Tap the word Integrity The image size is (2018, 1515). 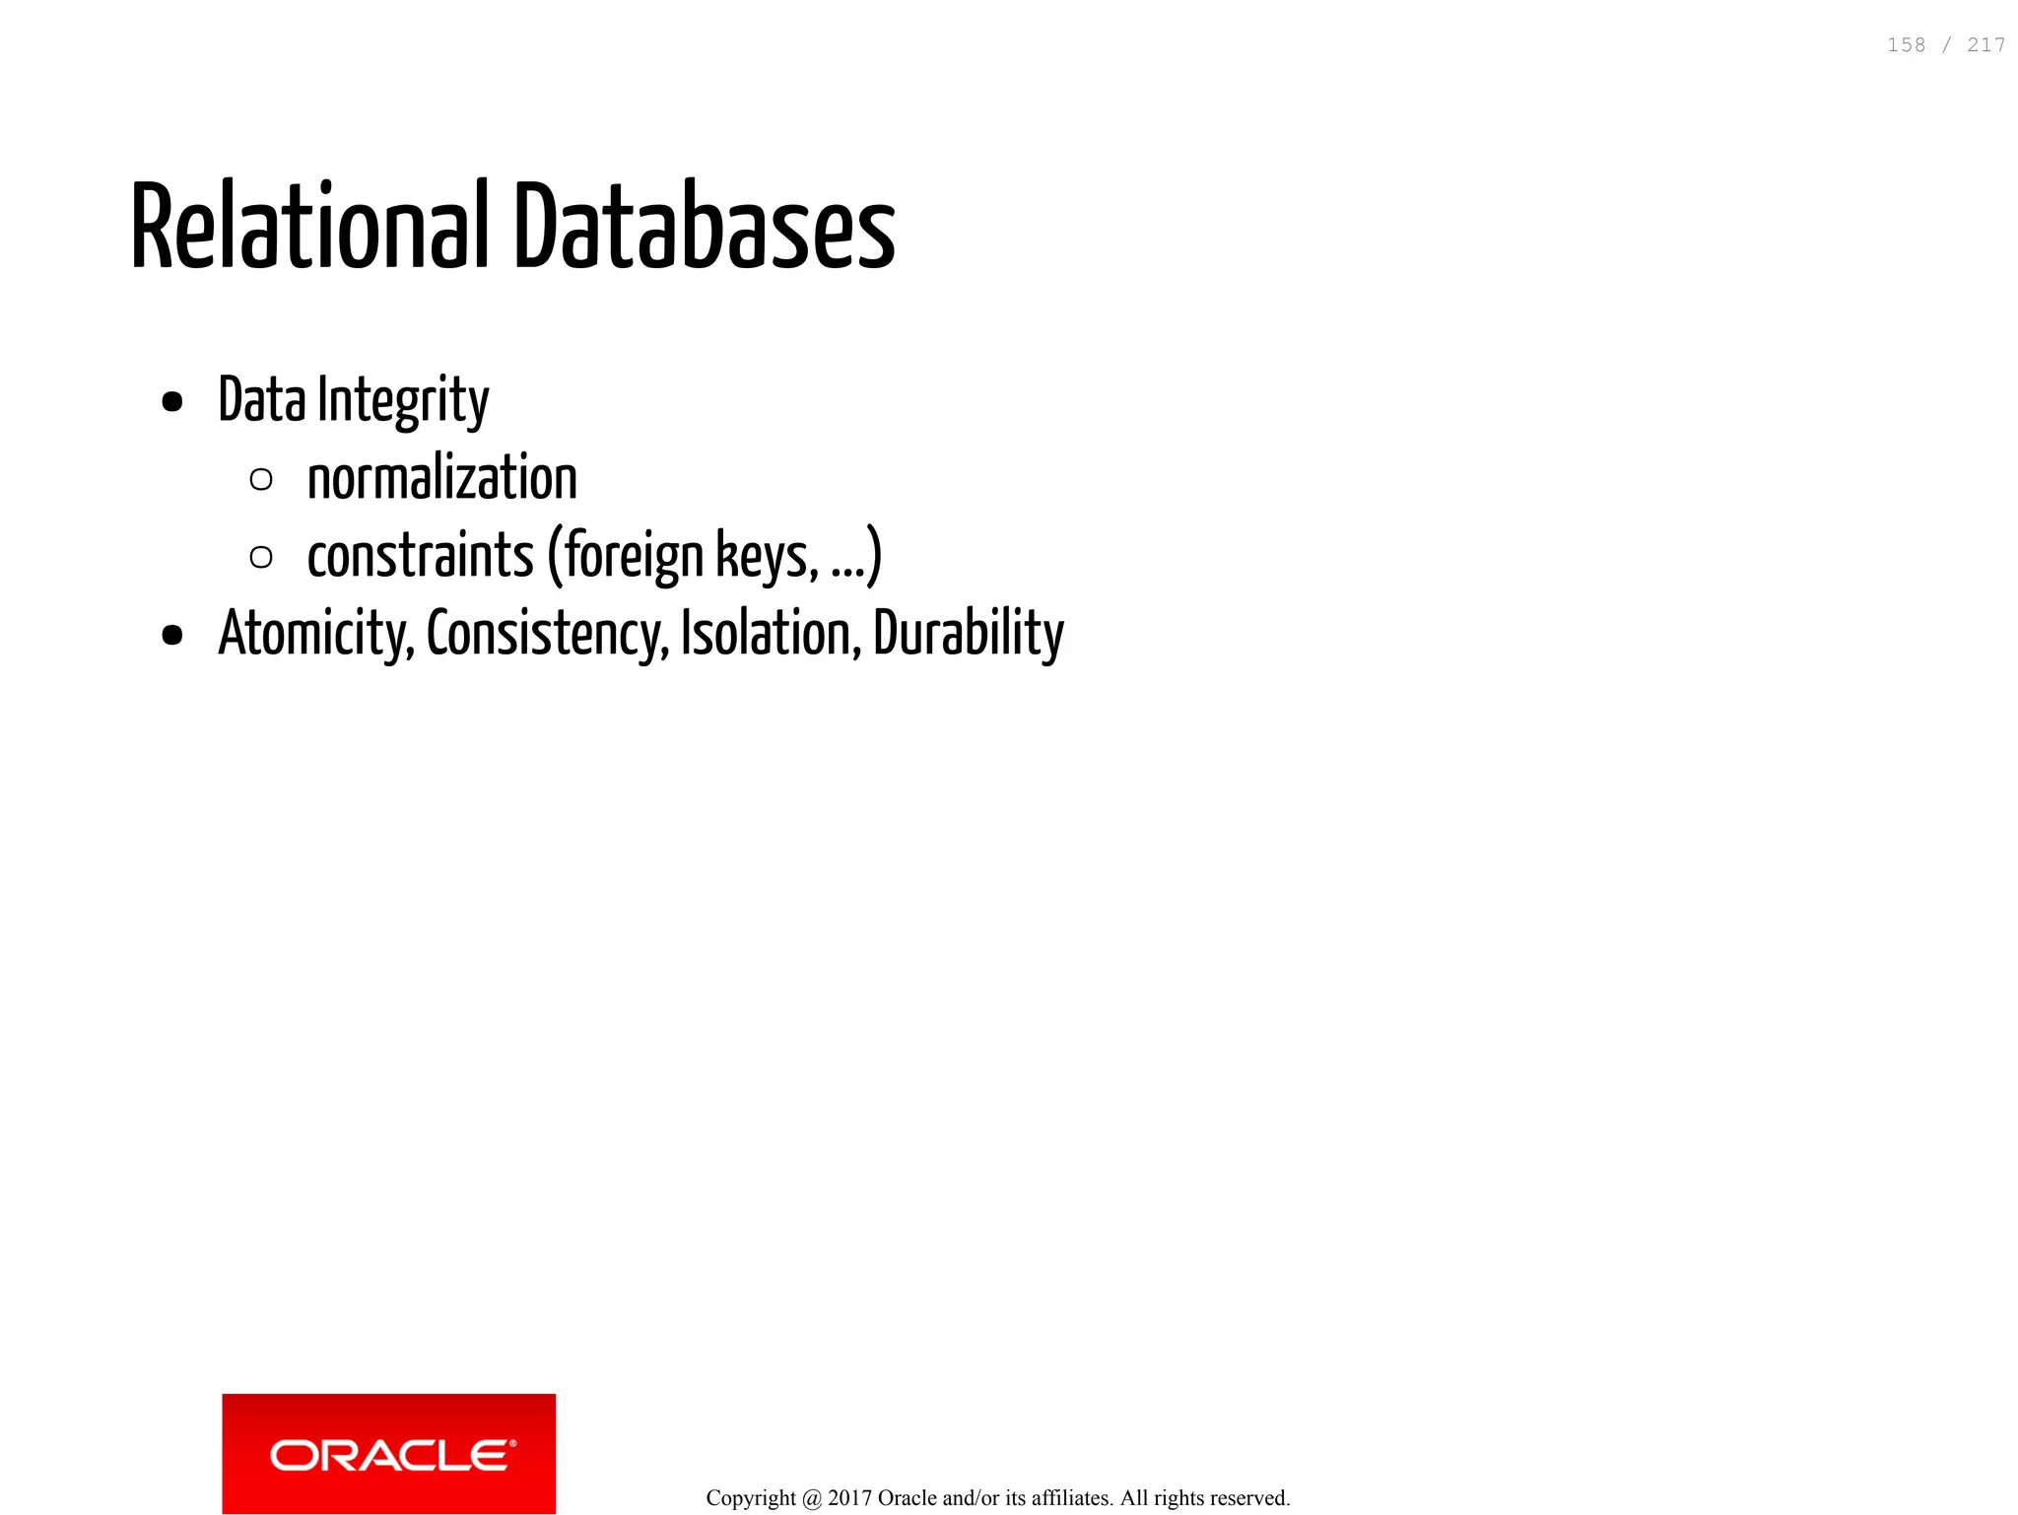pyautogui.click(x=403, y=401)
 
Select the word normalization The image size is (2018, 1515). pyautogui.click(x=441, y=479)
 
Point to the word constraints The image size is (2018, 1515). pyautogui.click(x=420, y=556)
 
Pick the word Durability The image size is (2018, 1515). pyautogui.click(x=968, y=634)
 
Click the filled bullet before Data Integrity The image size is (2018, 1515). pyautogui.click(x=172, y=402)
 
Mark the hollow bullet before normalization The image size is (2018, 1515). pyautogui.click(x=261, y=480)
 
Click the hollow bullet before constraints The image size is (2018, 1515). pyautogui.click(x=261, y=558)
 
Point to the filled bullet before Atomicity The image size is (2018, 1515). pyautogui.click(x=172, y=636)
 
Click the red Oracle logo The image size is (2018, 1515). pyautogui.click(x=388, y=1453)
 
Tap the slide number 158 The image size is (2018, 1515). pyautogui.click(x=1906, y=45)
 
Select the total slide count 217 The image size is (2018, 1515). pyautogui.click(x=1985, y=45)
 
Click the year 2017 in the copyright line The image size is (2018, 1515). pyautogui.click(x=849, y=1498)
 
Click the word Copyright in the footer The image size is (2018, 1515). pyautogui.click(x=751, y=1498)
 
